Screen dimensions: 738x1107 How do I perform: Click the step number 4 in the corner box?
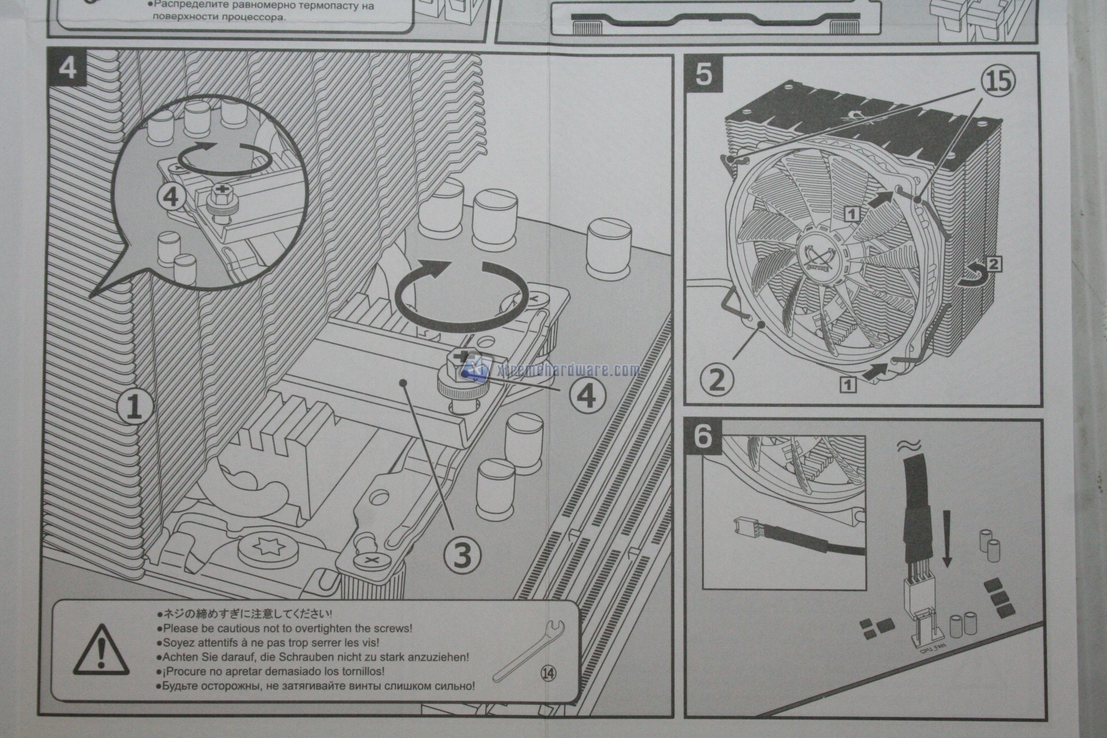click(67, 68)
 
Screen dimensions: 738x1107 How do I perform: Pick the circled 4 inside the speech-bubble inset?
click(172, 197)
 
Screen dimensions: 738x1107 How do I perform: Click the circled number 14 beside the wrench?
click(549, 673)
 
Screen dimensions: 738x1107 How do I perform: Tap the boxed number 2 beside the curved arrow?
click(994, 263)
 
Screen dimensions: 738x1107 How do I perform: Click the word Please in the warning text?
click(181, 628)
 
